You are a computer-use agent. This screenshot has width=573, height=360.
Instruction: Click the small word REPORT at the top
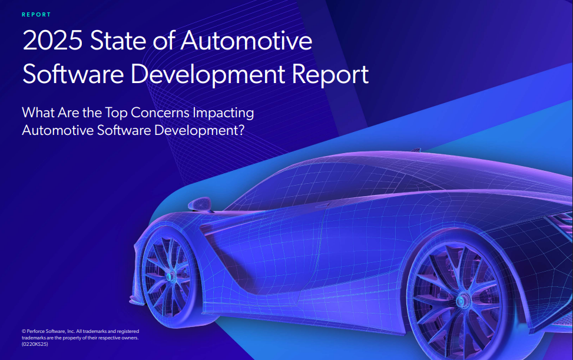pyautogui.click(x=36, y=15)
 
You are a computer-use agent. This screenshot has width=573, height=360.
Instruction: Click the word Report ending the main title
pyautogui.click(x=330, y=75)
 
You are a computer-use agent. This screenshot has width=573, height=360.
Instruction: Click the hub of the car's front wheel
pyautogui.click(x=170, y=276)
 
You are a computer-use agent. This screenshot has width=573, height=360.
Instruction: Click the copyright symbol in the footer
pyautogui.click(x=23, y=332)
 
